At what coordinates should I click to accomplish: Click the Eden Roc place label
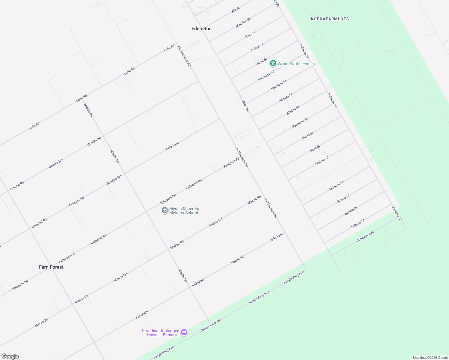(201, 28)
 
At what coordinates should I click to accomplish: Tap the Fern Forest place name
(51, 267)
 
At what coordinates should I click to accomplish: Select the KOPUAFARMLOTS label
(330, 19)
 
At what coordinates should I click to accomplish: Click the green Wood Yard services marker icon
(273, 63)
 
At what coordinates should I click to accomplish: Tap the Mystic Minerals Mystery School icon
(164, 211)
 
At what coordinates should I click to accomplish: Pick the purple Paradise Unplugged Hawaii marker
(184, 332)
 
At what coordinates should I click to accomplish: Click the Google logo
(10, 356)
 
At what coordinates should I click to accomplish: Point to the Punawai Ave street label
(365, 237)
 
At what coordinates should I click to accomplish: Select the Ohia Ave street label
(246, 106)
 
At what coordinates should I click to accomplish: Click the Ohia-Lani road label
(172, 146)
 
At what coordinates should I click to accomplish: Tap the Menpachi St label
(267, 76)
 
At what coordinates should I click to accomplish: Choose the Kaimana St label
(279, 85)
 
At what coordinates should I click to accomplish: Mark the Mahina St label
(322, 161)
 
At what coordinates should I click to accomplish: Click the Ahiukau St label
(336, 186)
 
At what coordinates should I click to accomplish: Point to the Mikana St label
(358, 224)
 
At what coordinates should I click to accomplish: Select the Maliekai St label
(243, 23)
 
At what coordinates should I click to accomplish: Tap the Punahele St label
(300, 123)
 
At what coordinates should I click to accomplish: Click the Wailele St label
(351, 211)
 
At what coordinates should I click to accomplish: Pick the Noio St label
(250, 35)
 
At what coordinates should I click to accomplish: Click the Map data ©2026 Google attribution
(430, 358)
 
